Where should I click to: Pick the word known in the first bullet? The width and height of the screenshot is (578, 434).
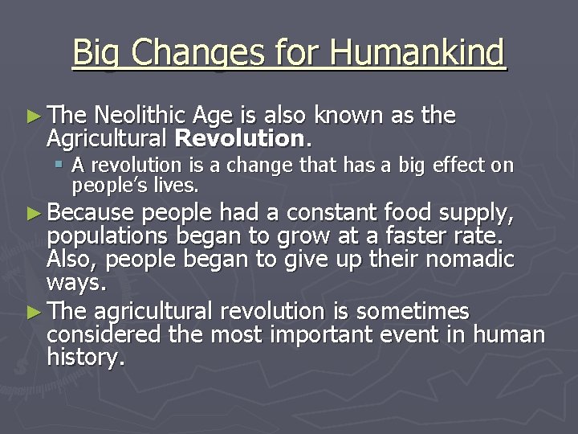point(351,116)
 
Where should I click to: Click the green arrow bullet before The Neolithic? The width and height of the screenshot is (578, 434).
point(31,117)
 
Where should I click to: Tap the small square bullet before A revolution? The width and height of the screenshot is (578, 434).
point(60,166)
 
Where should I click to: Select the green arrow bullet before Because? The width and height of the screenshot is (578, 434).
point(31,214)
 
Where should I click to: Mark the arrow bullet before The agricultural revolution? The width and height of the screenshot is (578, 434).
point(31,311)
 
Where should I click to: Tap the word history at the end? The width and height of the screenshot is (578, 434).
point(84,358)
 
